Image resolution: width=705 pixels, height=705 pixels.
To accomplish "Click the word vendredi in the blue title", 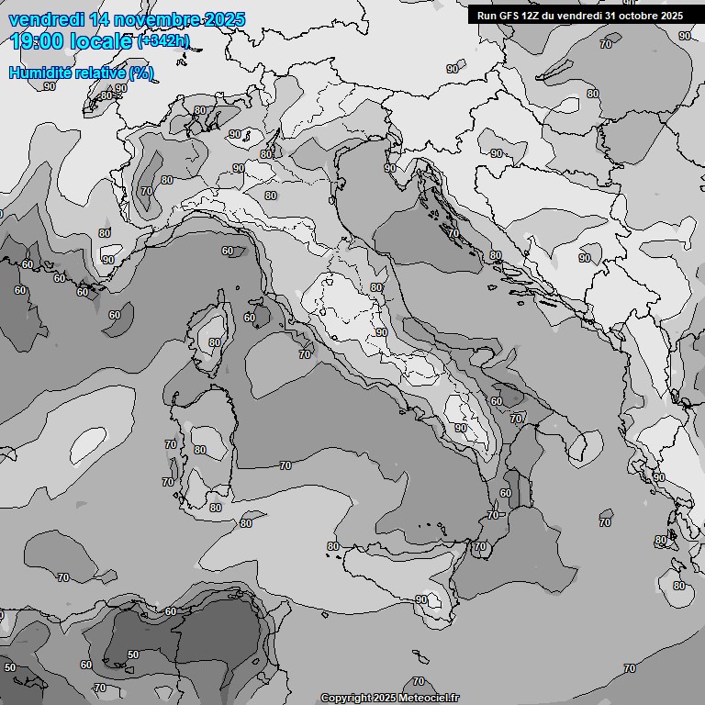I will (44, 19).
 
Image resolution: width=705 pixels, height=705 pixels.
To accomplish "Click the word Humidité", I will (41, 73).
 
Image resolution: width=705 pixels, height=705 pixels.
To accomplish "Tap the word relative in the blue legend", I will (102, 73).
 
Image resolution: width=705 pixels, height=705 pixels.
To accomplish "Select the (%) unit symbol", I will (141, 73).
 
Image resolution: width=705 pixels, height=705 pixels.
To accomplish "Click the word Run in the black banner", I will (488, 16).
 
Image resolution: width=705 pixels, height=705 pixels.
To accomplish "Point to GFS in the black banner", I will (511, 16).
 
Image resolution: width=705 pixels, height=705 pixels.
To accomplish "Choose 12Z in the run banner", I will (535, 16).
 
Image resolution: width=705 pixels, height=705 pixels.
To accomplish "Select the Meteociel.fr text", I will (430, 698).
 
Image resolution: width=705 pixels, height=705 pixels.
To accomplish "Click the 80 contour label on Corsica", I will (214, 342).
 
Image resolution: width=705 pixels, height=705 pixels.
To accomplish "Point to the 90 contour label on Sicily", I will (421, 599).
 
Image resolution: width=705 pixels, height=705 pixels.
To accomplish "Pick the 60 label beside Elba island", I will (249, 318).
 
